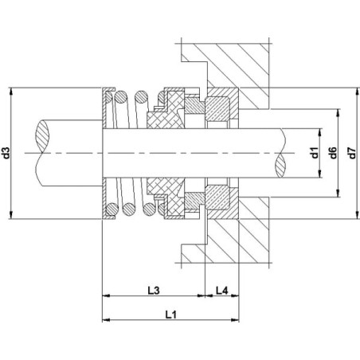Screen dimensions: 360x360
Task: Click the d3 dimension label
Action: [6, 153]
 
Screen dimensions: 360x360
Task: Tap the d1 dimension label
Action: [315, 153]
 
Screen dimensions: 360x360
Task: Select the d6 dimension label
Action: [333, 153]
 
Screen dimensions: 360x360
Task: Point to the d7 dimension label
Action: [352, 153]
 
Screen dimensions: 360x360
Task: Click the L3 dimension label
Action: [154, 291]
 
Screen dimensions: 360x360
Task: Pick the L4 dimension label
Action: [222, 291]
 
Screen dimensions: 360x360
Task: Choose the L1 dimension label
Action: [171, 315]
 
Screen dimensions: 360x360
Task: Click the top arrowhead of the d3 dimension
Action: [11, 91]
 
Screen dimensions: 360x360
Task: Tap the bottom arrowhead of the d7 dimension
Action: [357, 215]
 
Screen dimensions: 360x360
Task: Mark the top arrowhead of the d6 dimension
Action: [338, 112]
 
